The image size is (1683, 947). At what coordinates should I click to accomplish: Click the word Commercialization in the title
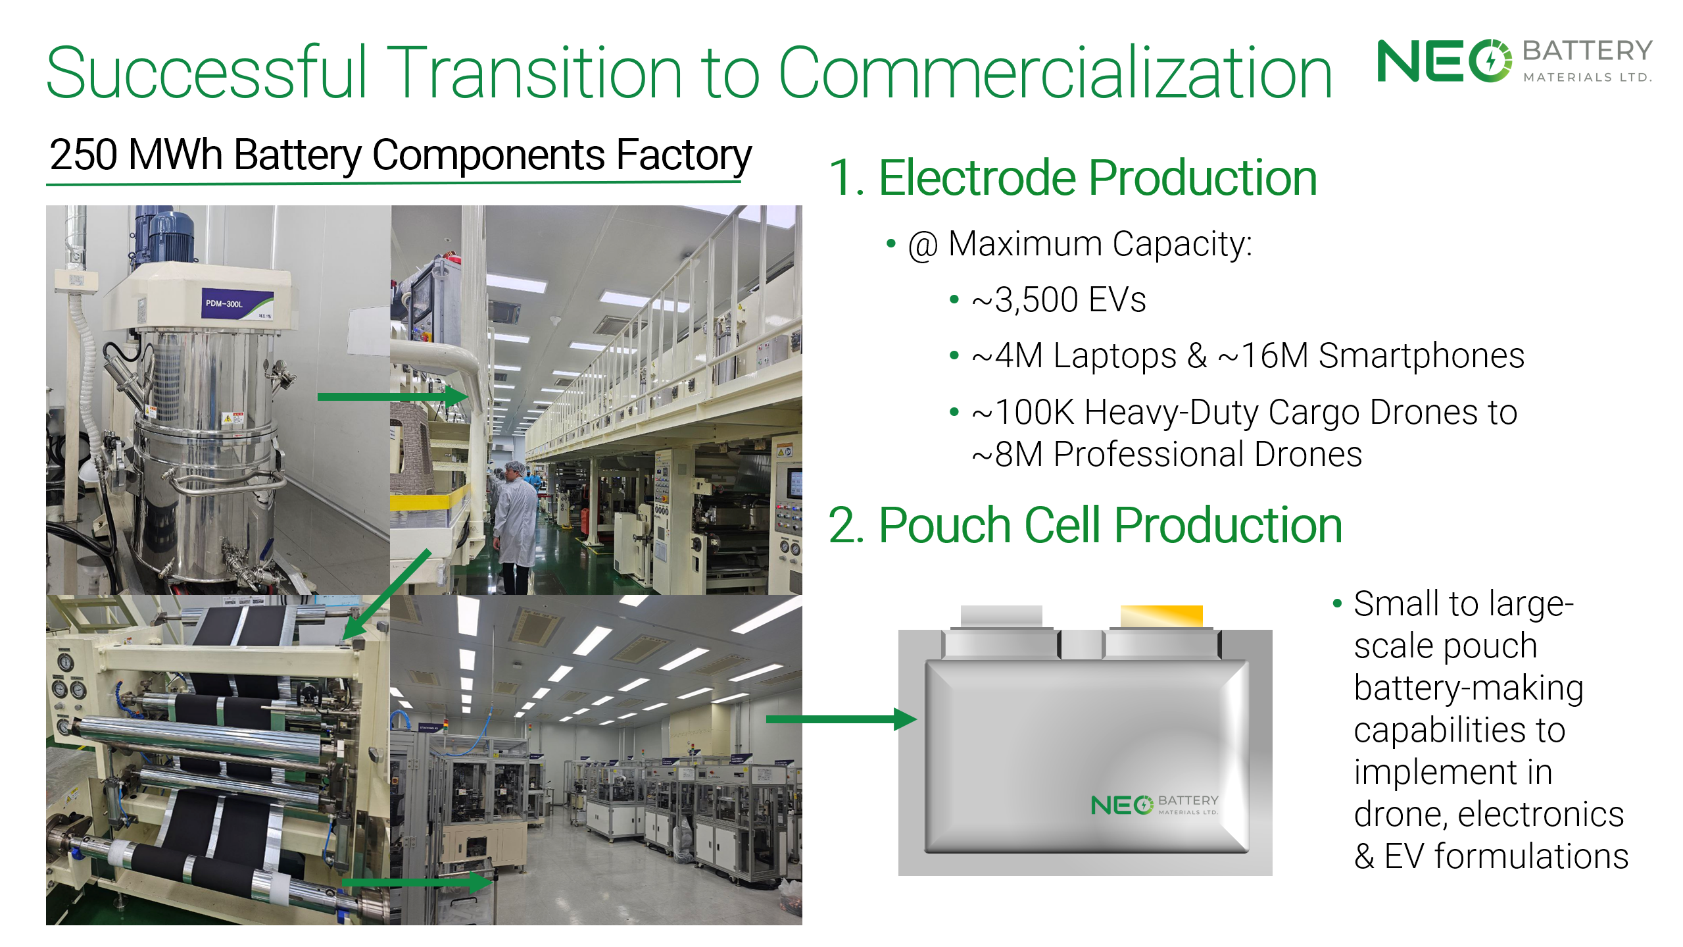[x=1055, y=72]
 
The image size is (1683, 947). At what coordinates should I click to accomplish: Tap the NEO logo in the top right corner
[x=1515, y=61]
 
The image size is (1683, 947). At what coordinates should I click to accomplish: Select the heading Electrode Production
[x=1098, y=178]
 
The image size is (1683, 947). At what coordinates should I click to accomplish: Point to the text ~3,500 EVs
[x=1059, y=300]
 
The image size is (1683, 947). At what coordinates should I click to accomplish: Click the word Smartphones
[x=1421, y=356]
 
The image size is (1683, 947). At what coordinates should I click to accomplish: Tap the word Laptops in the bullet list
[x=1114, y=356]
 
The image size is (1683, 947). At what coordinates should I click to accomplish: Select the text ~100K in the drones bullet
[x=1023, y=413]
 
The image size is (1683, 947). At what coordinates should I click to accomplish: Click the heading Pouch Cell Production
[x=1110, y=526]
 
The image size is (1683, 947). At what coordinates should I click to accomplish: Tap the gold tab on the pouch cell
[x=1161, y=617]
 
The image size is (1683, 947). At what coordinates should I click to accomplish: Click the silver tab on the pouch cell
[x=1001, y=617]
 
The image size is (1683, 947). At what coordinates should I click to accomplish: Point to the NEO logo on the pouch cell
[x=1154, y=805]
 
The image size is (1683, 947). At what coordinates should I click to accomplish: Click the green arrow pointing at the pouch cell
[x=842, y=719]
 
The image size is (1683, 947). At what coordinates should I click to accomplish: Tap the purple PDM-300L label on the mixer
[x=236, y=304]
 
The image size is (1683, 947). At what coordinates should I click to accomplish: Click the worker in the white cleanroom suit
[x=515, y=526]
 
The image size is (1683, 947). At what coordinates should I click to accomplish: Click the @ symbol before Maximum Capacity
[x=922, y=246]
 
